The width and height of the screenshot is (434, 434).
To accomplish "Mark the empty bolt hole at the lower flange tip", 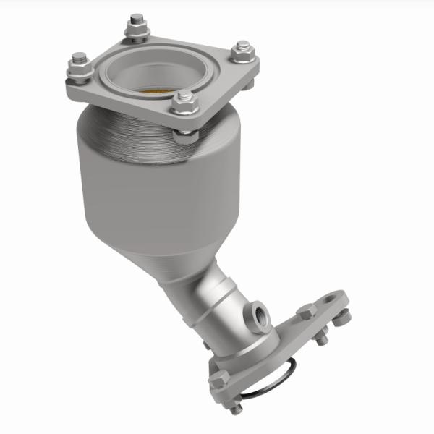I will (331, 297).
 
